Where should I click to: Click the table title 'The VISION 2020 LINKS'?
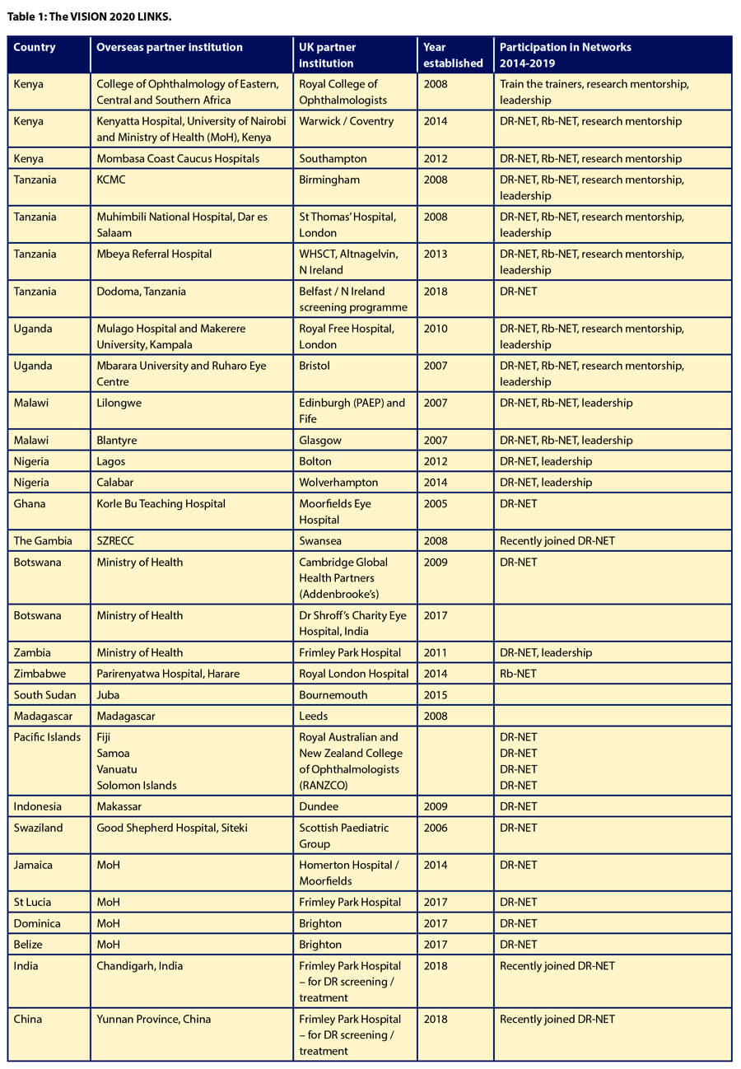pyautogui.click(x=90, y=16)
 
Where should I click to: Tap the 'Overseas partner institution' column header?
pyautogui.click(x=170, y=47)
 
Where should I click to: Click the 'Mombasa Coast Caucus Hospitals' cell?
pyautogui.click(x=178, y=158)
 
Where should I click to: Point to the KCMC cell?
pyautogui.click(x=113, y=180)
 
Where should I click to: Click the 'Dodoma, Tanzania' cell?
pyautogui.click(x=141, y=291)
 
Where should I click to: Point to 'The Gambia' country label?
pyautogui.click(x=43, y=540)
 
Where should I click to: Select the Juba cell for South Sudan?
pyautogui.click(x=109, y=695)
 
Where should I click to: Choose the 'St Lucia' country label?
pyautogui.click(x=33, y=902)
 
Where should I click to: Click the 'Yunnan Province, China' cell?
pyautogui.click(x=154, y=1019)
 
